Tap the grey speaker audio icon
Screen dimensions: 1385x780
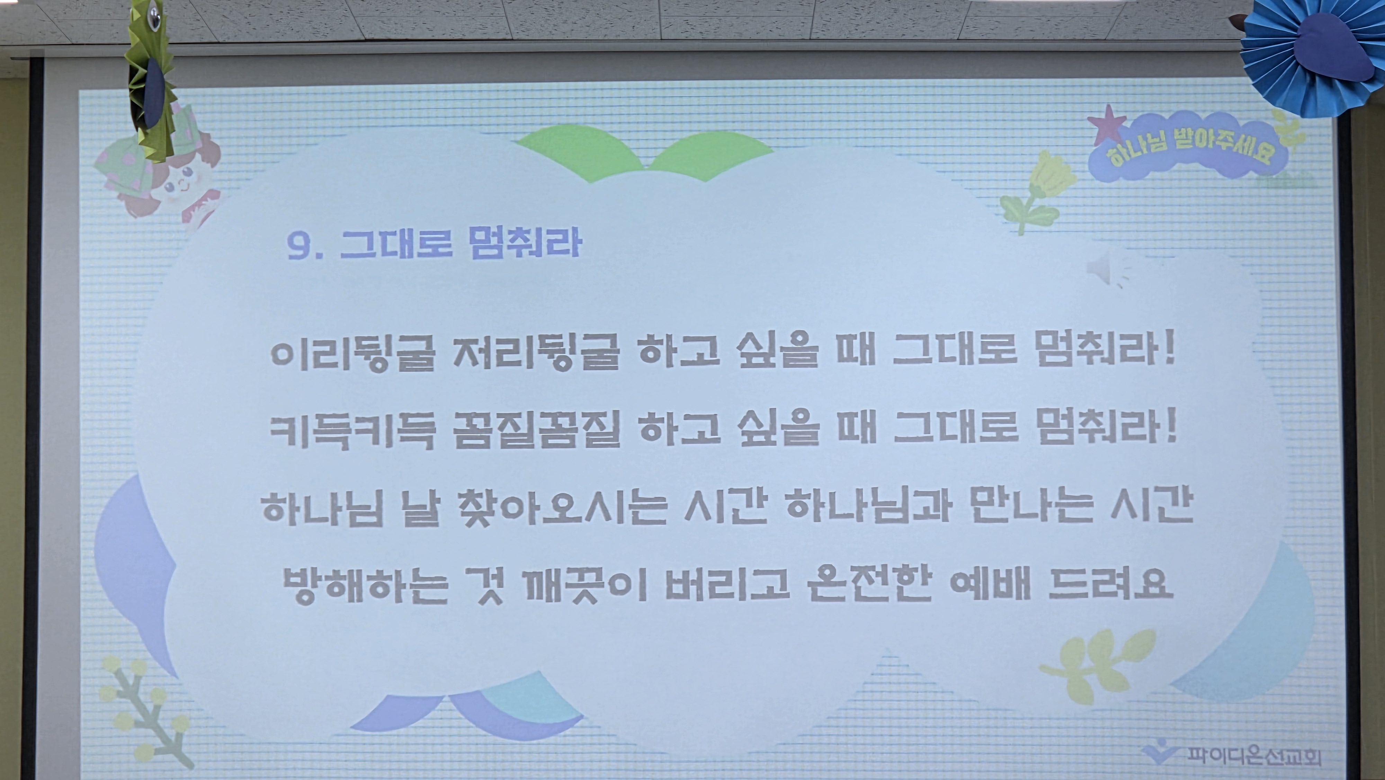(x=1108, y=270)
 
